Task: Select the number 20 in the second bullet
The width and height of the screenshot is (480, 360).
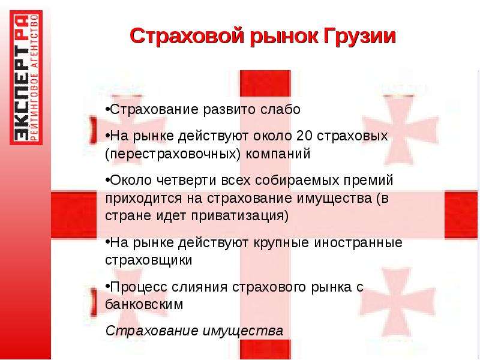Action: tap(304, 136)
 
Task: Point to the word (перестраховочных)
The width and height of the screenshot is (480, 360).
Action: tap(173, 154)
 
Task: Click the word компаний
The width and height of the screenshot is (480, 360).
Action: tap(278, 154)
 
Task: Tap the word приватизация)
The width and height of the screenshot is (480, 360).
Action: tap(239, 215)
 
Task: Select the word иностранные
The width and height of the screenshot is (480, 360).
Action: tap(358, 242)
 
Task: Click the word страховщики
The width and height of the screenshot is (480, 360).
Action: tap(148, 260)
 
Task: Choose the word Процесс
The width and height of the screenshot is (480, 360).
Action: tap(139, 287)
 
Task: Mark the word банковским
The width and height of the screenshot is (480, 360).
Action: tap(144, 304)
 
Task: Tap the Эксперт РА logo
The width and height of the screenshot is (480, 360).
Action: tap(26, 78)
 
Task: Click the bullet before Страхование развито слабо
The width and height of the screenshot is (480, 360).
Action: tap(107, 109)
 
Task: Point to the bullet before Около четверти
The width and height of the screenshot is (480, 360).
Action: tap(107, 179)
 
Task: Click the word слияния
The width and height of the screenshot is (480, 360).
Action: tap(199, 287)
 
